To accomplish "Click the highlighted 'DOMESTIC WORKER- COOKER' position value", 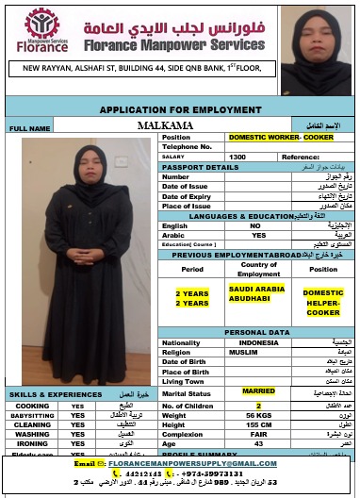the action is [274, 137].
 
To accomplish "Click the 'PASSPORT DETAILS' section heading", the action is [200, 167].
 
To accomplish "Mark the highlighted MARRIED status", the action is [258, 390].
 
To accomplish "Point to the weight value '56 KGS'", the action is [257, 414].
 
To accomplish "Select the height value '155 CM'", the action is [257, 424].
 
